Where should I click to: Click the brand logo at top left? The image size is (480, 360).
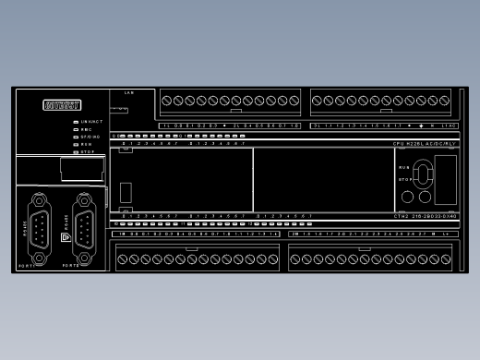point(62,104)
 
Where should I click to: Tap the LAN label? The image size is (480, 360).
point(129,93)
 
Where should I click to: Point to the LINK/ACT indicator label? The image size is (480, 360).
point(90,121)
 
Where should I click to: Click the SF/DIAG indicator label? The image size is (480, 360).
point(90,137)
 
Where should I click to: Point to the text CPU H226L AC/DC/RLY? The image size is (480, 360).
point(425,144)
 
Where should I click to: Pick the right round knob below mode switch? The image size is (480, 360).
point(426,196)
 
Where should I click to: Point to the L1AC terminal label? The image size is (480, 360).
point(450,125)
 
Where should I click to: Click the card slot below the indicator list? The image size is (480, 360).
point(79,168)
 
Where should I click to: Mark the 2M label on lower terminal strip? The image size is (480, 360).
point(294,234)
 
